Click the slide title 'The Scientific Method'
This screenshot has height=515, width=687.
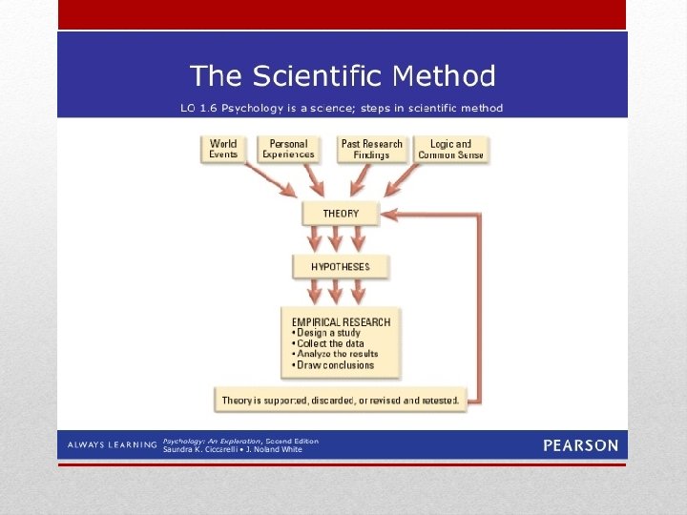tap(343, 75)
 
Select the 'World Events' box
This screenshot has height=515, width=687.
tap(223, 149)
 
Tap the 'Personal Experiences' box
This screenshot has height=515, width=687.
tap(288, 149)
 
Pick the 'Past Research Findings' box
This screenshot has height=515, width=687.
tap(372, 149)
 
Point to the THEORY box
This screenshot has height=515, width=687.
tap(341, 214)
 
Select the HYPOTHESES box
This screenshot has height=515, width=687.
tap(341, 266)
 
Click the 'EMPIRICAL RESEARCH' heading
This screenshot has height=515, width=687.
tap(341, 322)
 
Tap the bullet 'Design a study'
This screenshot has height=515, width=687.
tap(324, 333)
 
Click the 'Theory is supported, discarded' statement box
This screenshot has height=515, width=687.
tap(341, 400)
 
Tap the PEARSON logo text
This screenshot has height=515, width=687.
tap(580, 445)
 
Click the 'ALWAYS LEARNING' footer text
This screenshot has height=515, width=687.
tap(111, 445)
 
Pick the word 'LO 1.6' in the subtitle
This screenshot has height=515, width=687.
tap(195, 108)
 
